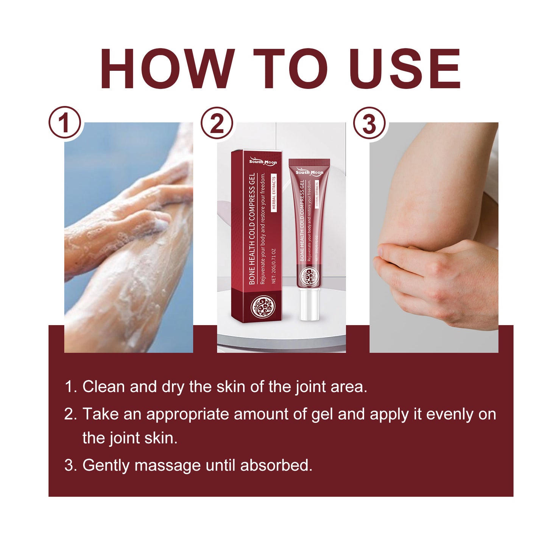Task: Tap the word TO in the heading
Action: tap(290, 69)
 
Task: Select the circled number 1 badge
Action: tap(65, 123)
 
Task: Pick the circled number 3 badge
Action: tap(369, 123)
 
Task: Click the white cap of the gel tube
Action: tap(309, 305)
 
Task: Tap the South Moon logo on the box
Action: tap(263, 162)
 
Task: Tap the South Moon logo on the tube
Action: tap(309, 172)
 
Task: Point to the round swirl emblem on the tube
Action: tap(309, 276)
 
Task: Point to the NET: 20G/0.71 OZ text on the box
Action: tap(274, 266)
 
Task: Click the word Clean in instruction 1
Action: tap(103, 387)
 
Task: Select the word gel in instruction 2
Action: tap(322, 415)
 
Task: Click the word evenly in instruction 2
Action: tap(450, 415)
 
